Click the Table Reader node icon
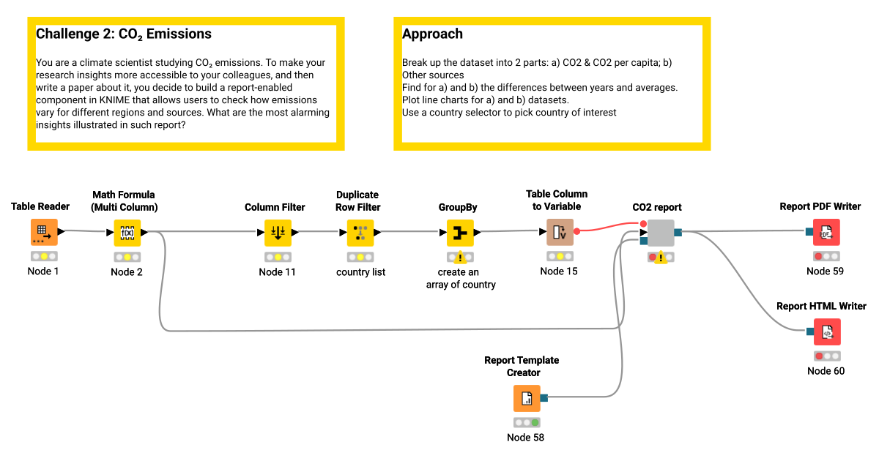coord(43,233)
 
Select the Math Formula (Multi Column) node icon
coord(127,233)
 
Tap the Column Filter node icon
coord(277,233)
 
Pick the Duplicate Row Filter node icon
coord(360,233)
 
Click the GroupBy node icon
coord(460,233)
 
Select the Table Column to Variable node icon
coord(560,233)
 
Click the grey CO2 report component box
coord(661,233)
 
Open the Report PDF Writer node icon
coord(826,233)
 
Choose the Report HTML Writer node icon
coord(826,332)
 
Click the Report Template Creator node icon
coord(526,399)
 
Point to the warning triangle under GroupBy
coord(460,258)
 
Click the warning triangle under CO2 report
coord(661,258)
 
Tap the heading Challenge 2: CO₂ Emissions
coord(124,34)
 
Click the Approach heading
coord(432,34)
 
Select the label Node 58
coord(525,438)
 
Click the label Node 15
coord(560,271)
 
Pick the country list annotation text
coord(360,272)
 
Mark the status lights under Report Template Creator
coord(526,423)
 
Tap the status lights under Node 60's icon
coord(826,356)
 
